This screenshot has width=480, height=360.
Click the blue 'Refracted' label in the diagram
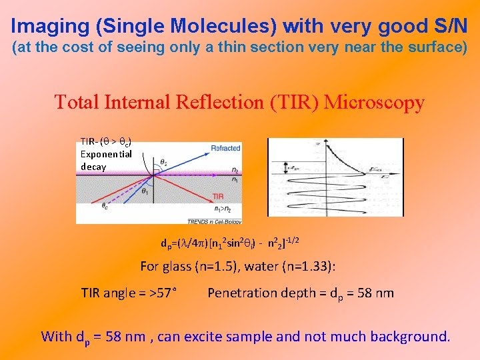[225, 147]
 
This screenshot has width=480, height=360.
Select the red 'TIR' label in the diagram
[219, 196]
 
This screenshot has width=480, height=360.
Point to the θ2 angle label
[164, 161]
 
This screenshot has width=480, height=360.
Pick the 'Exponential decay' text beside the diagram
[105, 160]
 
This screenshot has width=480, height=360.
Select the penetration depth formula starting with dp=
[233, 243]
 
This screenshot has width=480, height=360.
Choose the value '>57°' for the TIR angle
[163, 293]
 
